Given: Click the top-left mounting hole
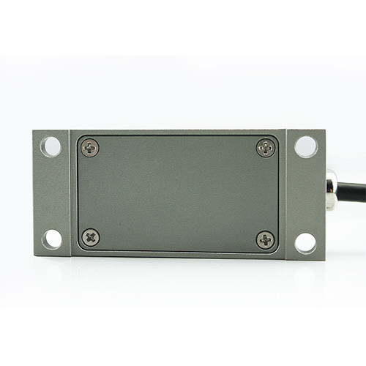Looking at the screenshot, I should point(51,146).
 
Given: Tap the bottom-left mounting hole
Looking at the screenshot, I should point(52,239).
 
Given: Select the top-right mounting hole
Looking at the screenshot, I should point(306,146).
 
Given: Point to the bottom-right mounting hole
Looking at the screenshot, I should point(305,242).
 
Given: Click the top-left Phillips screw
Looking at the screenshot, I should point(90,148).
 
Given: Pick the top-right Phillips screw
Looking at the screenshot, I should point(266,148).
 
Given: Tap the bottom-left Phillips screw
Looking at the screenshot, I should point(91,237).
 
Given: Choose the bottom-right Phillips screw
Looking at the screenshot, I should point(265,239).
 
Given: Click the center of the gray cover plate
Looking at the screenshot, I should point(178,193).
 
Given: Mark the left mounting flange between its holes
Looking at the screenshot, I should point(52,193).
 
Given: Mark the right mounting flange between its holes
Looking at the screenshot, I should point(306,194).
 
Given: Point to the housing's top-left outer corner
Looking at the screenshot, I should point(34,131).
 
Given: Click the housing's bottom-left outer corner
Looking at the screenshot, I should point(34,255).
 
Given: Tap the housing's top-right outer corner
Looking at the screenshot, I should point(325,131).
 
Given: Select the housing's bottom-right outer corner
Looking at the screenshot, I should point(325,260).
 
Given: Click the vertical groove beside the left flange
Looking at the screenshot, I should point(70,193).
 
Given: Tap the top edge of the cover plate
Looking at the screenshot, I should point(178,135).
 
